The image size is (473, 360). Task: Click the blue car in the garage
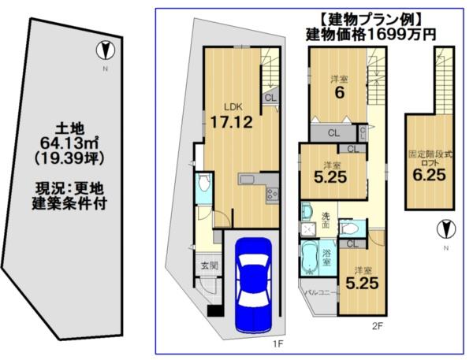tap(253, 286)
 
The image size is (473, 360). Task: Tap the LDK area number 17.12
tap(231, 122)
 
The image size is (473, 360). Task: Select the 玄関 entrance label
tap(210, 265)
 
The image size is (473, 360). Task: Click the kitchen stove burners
tap(272, 195)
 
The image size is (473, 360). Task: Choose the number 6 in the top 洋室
tap(339, 93)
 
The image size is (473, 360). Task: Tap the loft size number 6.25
tap(430, 175)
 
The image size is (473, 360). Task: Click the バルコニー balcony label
tap(322, 292)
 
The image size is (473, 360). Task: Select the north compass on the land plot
tap(106, 50)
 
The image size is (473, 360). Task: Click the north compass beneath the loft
tap(446, 229)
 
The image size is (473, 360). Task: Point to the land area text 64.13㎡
tap(69, 143)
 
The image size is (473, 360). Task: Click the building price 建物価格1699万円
tap(371, 35)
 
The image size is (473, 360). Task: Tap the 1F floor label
tap(277, 343)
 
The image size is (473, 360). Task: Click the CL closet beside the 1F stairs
tap(270, 98)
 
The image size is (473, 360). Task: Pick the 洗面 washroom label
tap(326, 221)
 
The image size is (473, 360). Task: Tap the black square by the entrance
tap(214, 310)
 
